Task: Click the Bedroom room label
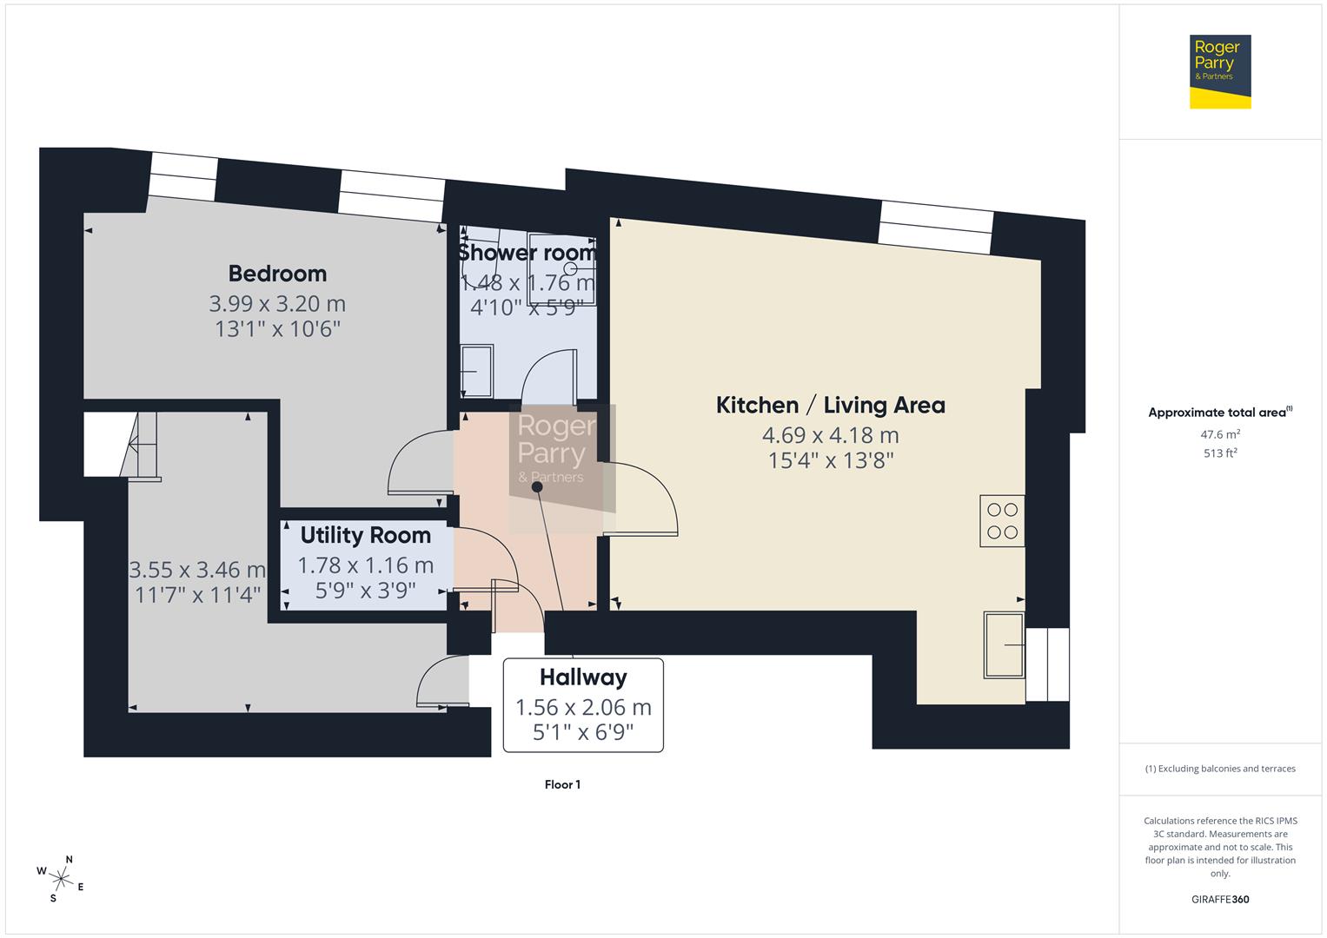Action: click(x=277, y=274)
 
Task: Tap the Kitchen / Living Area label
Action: click(x=830, y=405)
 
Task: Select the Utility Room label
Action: click(x=365, y=535)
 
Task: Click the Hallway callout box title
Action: click(x=583, y=677)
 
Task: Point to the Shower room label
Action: click(x=527, y=253)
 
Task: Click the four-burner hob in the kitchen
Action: click(x=1002, y=520)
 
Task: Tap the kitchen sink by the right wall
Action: click(x=1004, y=644)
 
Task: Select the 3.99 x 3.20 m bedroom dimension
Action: click(x=277, y=304)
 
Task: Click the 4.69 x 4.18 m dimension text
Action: click(x=830, y=435)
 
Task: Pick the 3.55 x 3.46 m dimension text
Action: click(x=197, y=571)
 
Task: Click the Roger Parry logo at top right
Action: click(x=1219, y=71)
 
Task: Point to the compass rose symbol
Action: click(x=60, y=877)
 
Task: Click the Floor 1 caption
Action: click(x=562, y=785)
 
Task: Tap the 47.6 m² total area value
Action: click(x=1219, y=433)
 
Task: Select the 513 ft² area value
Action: click(x=1219, y=452)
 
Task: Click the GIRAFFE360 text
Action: click(x=1219, y=899)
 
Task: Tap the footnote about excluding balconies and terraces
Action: click(x=1219, y=769)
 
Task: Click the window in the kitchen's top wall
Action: click(x=935, y=227)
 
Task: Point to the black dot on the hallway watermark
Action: click(x=537, y=487)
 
